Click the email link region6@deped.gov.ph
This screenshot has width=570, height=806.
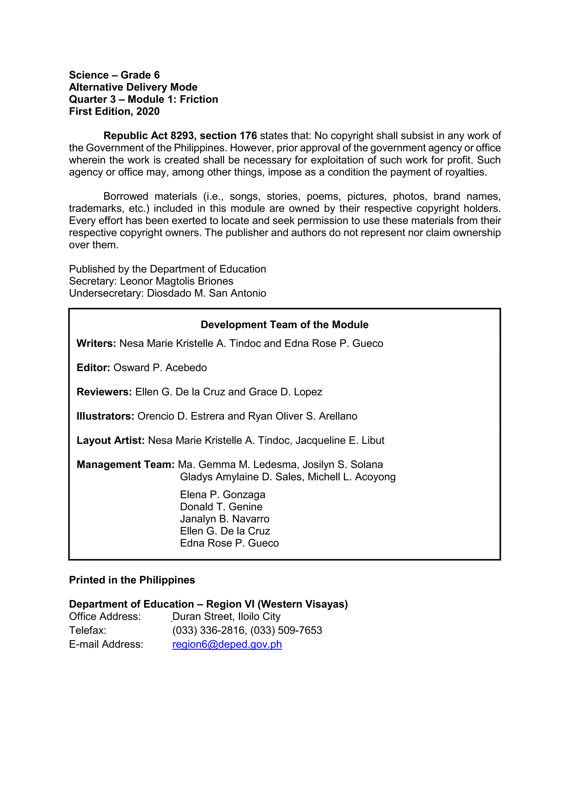227,644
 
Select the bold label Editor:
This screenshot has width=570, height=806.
93,368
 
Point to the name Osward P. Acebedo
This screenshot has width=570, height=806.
160,368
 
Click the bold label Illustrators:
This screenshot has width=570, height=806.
105,416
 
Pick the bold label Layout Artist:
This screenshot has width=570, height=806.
110,440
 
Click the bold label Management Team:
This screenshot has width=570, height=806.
125,465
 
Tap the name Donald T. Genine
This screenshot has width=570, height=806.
221,507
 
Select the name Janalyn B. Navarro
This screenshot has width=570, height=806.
225,519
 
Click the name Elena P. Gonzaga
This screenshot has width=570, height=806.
223,495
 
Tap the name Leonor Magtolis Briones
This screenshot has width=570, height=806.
176,281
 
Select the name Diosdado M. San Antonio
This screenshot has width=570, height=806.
207,293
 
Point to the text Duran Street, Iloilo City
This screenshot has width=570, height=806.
226,616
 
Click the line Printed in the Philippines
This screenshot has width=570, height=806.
132,580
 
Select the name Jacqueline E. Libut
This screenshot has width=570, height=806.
340,440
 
